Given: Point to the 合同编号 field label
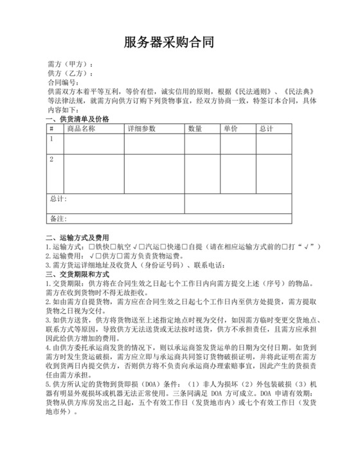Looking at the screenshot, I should point(62,83).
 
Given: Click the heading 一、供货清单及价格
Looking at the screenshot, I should point(78,120).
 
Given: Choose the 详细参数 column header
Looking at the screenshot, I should point(141,129).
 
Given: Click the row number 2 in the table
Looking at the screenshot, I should point(51,159).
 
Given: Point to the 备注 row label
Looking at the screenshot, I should point(59,219).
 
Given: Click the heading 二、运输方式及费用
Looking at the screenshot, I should point(78,237).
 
